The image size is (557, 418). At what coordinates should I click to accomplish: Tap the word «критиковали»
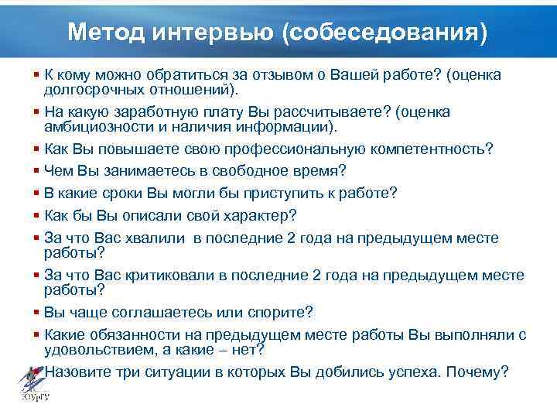[x=171, y=275]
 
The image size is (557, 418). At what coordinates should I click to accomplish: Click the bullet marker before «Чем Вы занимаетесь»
[x=38, y=170]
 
